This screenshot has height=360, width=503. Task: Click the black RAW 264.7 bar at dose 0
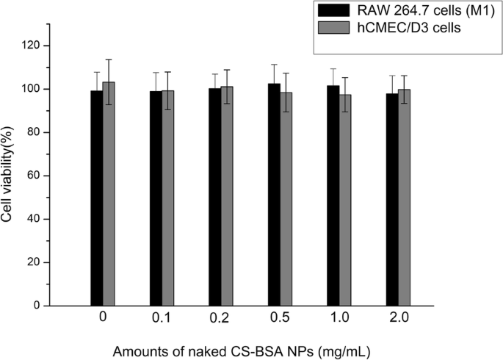(97, 198)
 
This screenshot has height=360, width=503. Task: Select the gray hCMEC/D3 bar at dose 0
(109, 195)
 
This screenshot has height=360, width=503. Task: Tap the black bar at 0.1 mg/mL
(156, 198)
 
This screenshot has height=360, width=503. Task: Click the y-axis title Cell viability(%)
(10, 176)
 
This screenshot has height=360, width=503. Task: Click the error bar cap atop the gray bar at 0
(109, 60)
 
